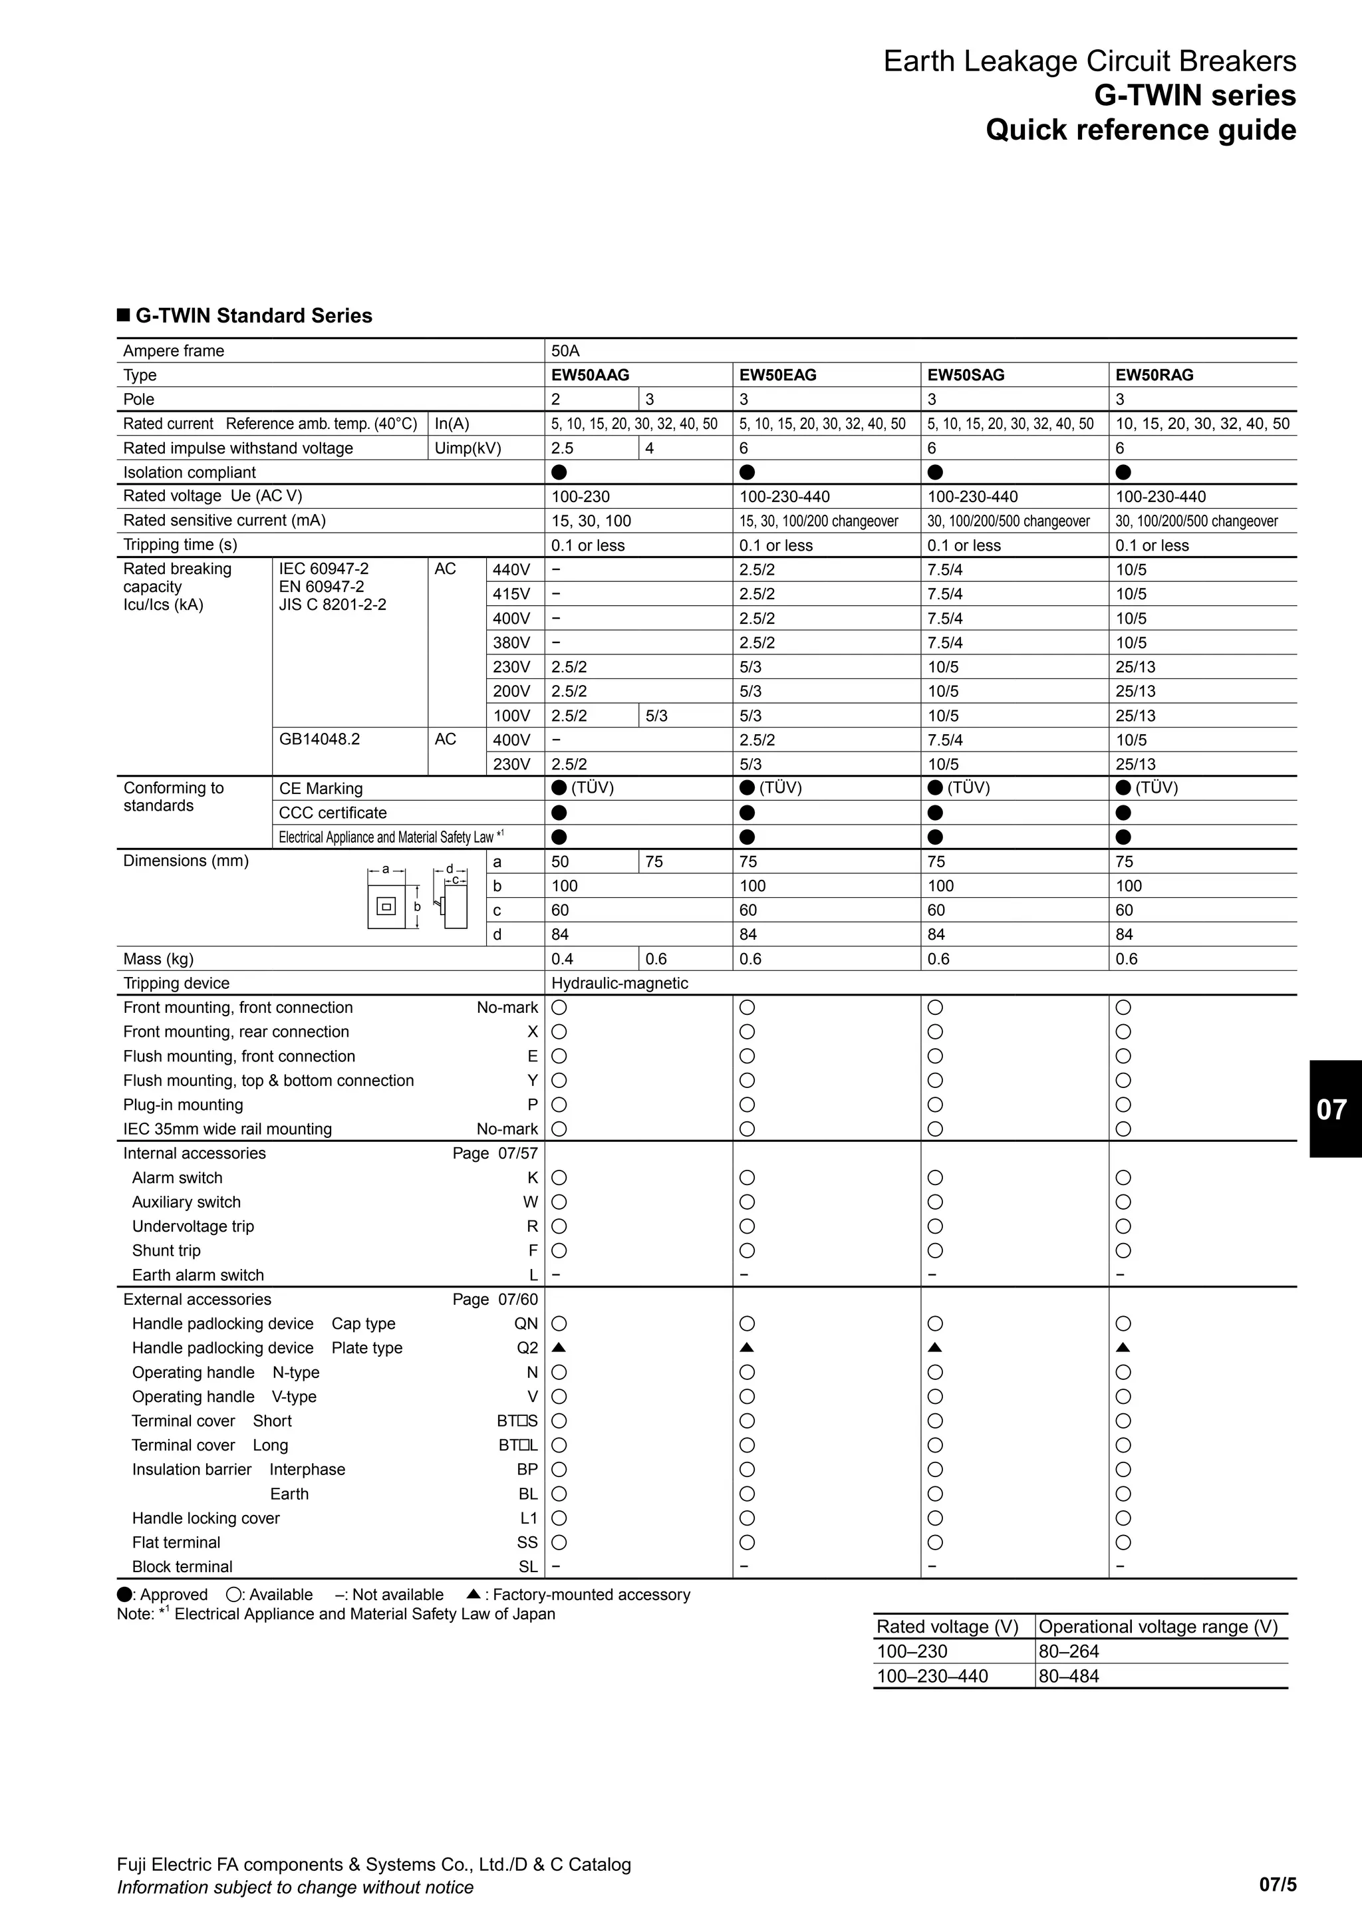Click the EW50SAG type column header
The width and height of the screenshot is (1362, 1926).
966,375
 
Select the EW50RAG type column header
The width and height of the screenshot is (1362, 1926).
1154,375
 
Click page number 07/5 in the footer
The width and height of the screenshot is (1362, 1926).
1278,1885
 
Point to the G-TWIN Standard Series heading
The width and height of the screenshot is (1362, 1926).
253,315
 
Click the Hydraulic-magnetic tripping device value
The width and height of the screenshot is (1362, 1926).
619,983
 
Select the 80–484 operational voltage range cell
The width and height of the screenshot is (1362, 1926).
1069,1676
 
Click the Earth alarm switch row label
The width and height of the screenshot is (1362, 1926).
198,1275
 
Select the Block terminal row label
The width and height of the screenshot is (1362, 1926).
182,1566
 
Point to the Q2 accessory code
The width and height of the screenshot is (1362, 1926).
527,1348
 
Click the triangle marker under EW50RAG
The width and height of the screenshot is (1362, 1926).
1124,1348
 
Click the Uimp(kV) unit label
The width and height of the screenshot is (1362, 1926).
467,448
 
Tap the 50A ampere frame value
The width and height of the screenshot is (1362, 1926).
565,350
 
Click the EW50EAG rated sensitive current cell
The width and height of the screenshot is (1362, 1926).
818,521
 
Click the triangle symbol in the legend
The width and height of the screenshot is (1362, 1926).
473,1593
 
